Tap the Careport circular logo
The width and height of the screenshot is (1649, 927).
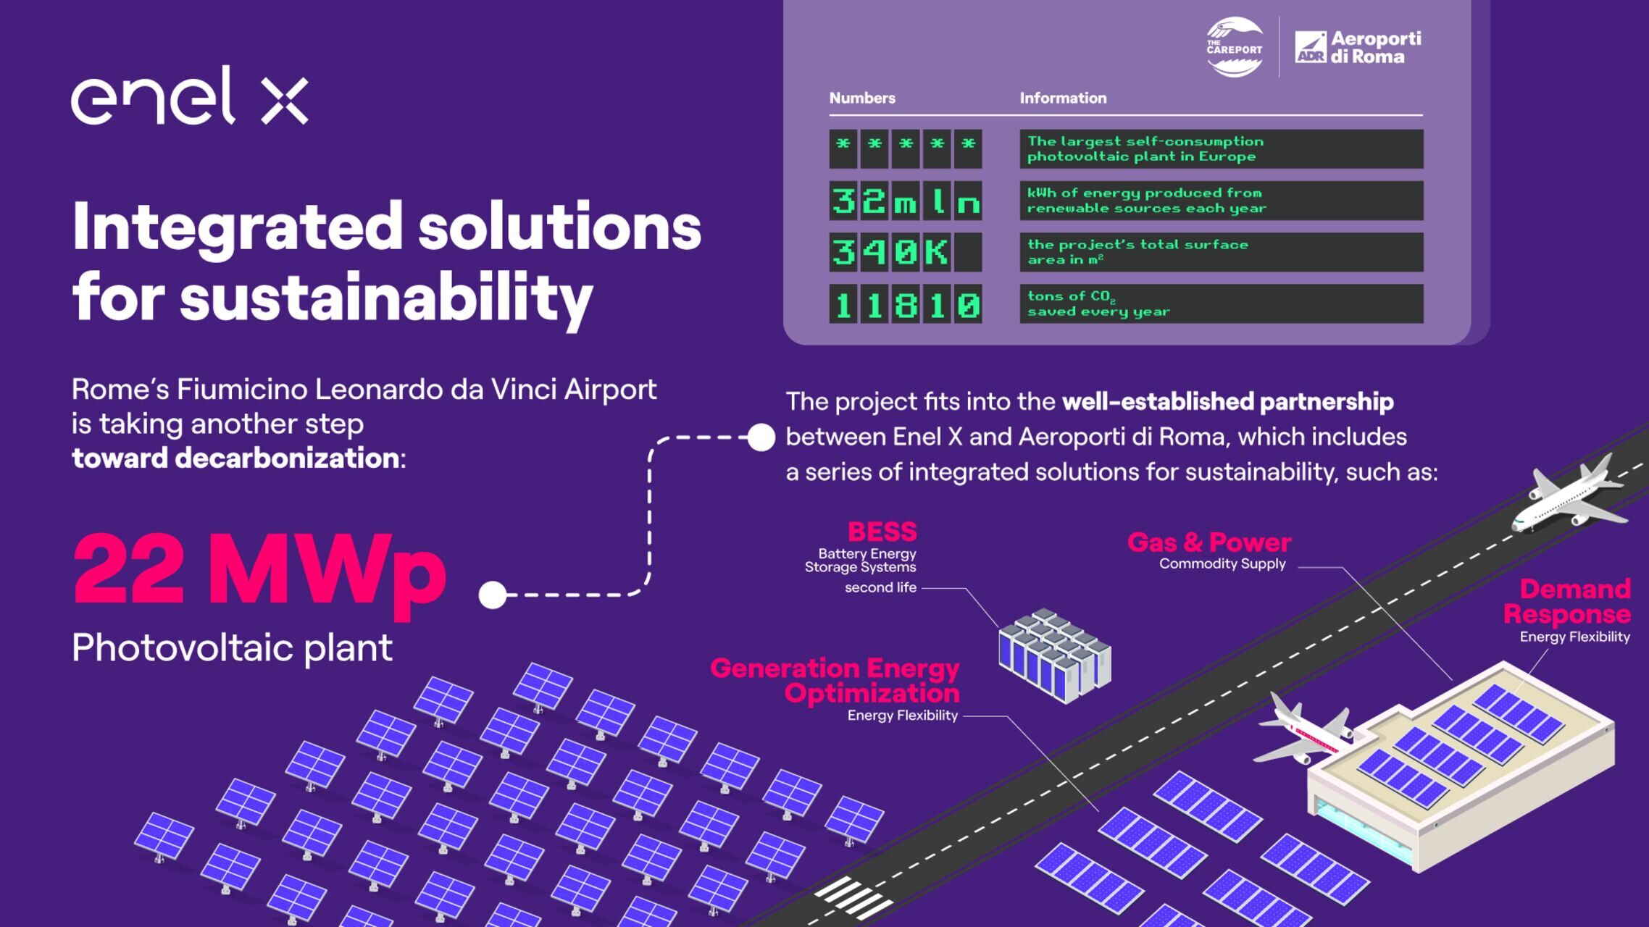pos(1235,48)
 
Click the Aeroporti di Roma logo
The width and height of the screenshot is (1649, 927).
pos(1358,47)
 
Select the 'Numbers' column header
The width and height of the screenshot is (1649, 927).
pos(862,98)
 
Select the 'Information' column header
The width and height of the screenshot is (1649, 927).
pos(1063,98)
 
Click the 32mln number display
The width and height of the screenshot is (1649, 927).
pos(906,201)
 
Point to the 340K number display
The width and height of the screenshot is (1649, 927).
pos(906,252)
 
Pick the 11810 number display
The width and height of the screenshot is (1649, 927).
pos(906,303)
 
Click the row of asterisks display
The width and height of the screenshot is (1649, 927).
pos(906,148)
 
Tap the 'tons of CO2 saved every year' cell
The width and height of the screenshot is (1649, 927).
pos(1222,303)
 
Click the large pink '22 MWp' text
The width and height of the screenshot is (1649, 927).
pos(259,571)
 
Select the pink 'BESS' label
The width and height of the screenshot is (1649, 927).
pos(882,532)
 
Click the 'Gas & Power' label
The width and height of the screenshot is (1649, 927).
pos(1208,542)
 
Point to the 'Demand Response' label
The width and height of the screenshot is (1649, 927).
pos(1567,601)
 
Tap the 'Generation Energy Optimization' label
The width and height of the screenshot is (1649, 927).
pos(835,681)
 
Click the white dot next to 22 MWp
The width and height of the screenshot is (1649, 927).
pos(493,595)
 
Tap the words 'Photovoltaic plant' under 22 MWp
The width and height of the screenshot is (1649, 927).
pos(232,648)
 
